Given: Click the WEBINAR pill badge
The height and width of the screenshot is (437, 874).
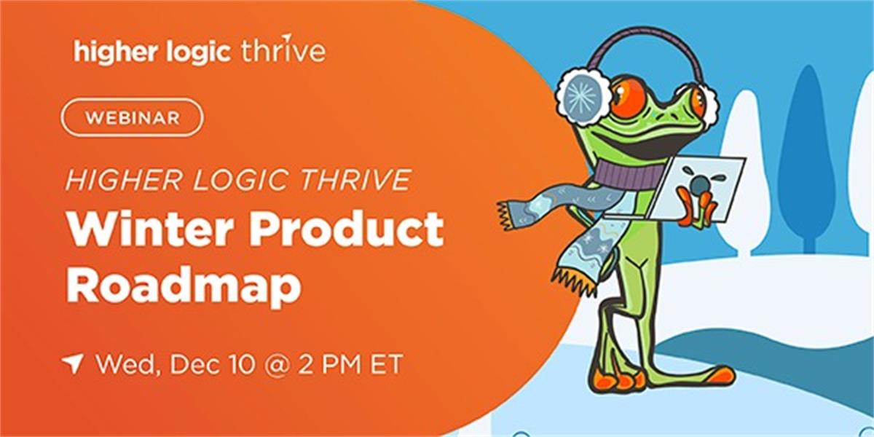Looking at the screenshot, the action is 133,117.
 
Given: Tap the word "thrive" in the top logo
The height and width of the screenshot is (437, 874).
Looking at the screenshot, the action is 283,50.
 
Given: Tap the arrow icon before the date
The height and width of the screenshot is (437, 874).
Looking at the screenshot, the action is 73,364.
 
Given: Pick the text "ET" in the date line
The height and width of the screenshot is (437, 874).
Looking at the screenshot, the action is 386,364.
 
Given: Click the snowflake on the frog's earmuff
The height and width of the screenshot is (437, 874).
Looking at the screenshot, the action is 582,95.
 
